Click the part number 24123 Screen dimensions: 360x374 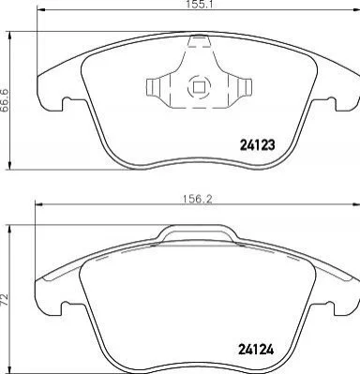(258, 144)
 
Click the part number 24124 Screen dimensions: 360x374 (256, 350)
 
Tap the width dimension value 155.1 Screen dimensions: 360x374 (197, 4)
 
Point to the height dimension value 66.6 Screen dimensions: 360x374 (5, 100)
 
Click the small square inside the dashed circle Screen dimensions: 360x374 (199, 86)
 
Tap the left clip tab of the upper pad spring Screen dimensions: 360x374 (153, 86)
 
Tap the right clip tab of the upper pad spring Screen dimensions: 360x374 (245, 86)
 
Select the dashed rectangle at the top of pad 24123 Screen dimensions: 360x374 (199, 41)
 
